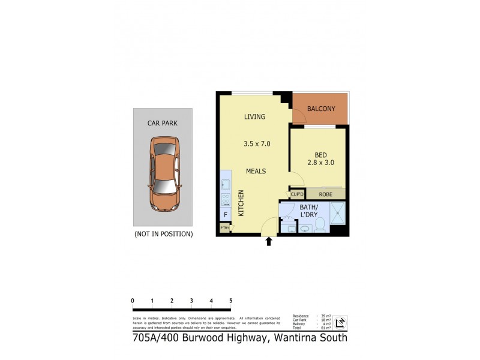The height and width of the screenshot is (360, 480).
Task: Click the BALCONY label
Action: point(321,109)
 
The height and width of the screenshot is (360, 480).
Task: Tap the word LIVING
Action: point(254,116)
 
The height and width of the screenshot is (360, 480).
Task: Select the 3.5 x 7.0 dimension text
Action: point(257,143)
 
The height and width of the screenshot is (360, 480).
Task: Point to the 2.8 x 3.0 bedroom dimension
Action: point(321,162)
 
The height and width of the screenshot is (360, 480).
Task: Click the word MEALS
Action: point(256,172)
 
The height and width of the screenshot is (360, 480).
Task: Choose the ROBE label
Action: point(326,194)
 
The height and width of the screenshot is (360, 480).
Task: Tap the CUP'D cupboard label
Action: point(296,194)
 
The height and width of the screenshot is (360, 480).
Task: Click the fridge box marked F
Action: point(226,214)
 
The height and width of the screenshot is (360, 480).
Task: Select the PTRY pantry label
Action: point(224,228)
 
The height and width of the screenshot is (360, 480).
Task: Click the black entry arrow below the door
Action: point(269,241)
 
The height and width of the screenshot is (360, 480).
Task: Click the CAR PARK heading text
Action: point(162,123)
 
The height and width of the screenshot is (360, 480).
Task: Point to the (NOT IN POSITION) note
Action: point(163,233)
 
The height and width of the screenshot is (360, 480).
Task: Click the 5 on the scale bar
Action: point(230,301)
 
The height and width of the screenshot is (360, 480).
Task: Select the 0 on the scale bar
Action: point(133,301)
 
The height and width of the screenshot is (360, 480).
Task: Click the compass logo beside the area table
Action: point(340,322)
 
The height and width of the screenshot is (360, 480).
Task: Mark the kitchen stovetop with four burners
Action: point(226,199)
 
